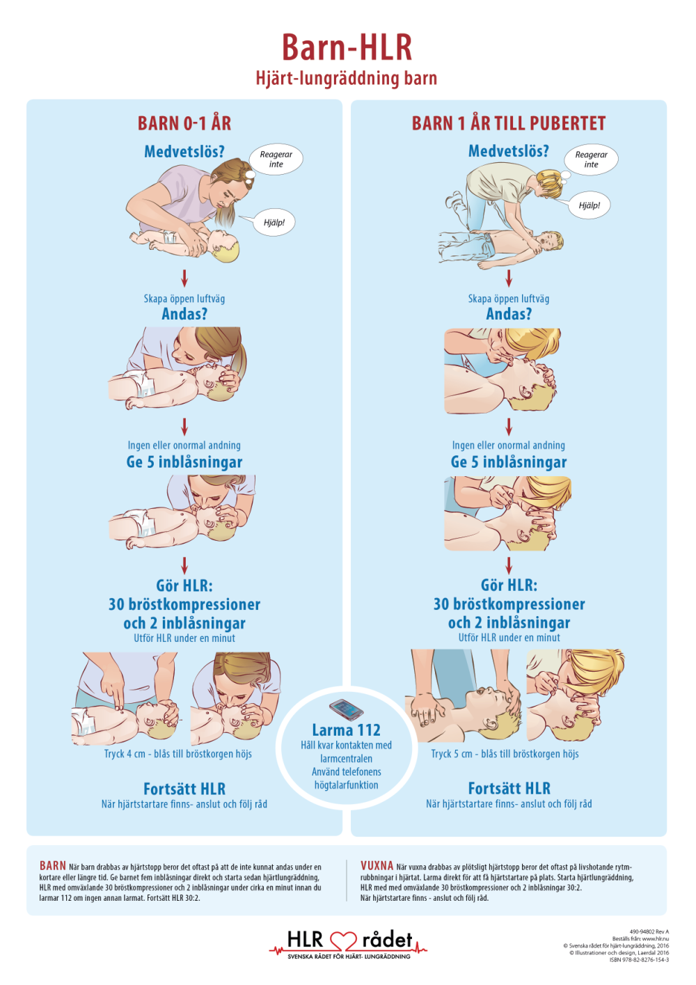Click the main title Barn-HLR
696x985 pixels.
click(347, 47)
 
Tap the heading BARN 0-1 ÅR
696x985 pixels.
click(184, 124)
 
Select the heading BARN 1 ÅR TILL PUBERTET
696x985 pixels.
click(509, 124)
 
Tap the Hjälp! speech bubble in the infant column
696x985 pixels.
click(274, 222)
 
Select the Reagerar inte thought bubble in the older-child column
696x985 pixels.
click(591, 159)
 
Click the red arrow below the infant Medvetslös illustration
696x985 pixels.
click(184, 278)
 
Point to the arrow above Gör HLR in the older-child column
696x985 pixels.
click(509, 565)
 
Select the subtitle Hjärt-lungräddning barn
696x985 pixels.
click(347, 79)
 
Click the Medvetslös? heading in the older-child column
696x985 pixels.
click(509, 151)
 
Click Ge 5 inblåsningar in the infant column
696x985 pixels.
click(184, 462)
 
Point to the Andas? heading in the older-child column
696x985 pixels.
click(509, 314)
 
